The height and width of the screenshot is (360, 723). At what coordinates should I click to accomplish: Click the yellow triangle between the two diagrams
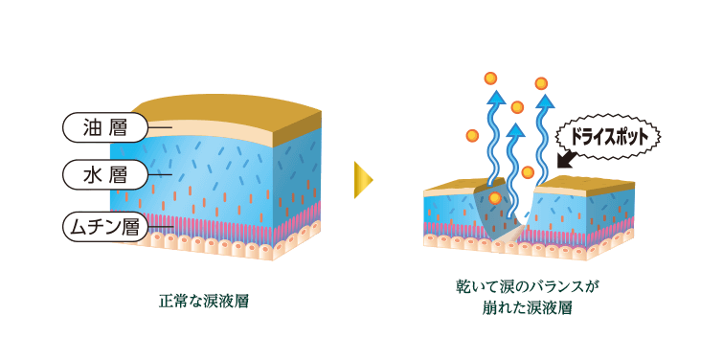pos(362,180)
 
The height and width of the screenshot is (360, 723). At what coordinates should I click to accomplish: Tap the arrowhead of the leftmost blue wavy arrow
pos(495,96)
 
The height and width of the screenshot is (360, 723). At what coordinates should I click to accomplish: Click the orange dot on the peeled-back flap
pos(494,197)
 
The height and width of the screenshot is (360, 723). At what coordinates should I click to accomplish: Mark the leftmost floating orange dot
pos(472,136)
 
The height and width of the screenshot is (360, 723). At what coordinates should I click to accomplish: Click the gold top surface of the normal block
pos(220,110)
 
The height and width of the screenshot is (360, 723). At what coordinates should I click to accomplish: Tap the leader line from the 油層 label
pos(159,126)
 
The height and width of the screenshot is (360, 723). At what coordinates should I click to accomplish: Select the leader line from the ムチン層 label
pos(159,227)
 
